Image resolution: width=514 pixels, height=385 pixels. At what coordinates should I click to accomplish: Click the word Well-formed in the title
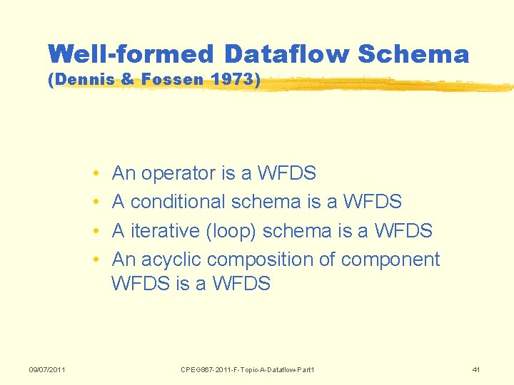click(131, 54)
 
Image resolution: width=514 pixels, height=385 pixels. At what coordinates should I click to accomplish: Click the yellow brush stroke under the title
click(385, 85)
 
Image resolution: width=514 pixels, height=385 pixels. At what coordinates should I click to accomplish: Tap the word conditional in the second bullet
click(178, 202)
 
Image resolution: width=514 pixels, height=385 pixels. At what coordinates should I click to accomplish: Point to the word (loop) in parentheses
click(230, 231)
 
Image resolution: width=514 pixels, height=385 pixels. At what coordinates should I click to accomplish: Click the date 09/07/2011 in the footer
click(47, 369)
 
